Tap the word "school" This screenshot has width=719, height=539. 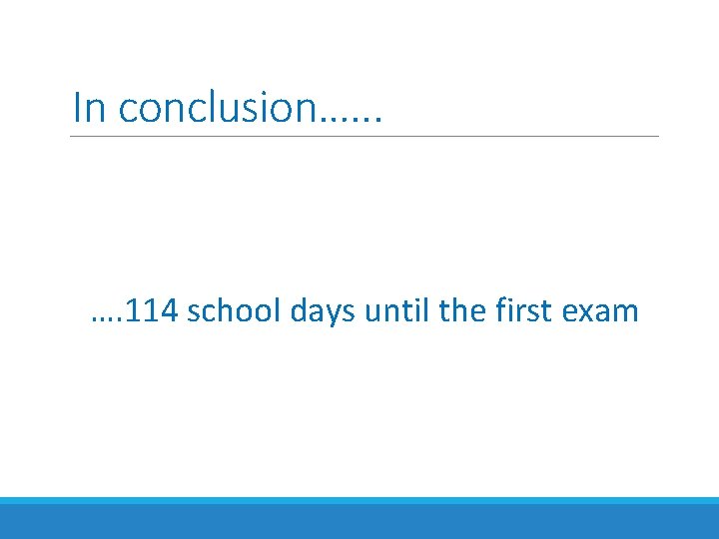click(235, 311)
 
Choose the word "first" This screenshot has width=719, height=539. click(524, 311)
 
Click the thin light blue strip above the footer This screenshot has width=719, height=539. click(359, 500)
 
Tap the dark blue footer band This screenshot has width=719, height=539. click(359, 522)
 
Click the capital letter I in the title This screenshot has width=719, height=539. click(77, 107)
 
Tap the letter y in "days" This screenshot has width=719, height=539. click(334, 316)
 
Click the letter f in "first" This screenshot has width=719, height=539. click(500, 310)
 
